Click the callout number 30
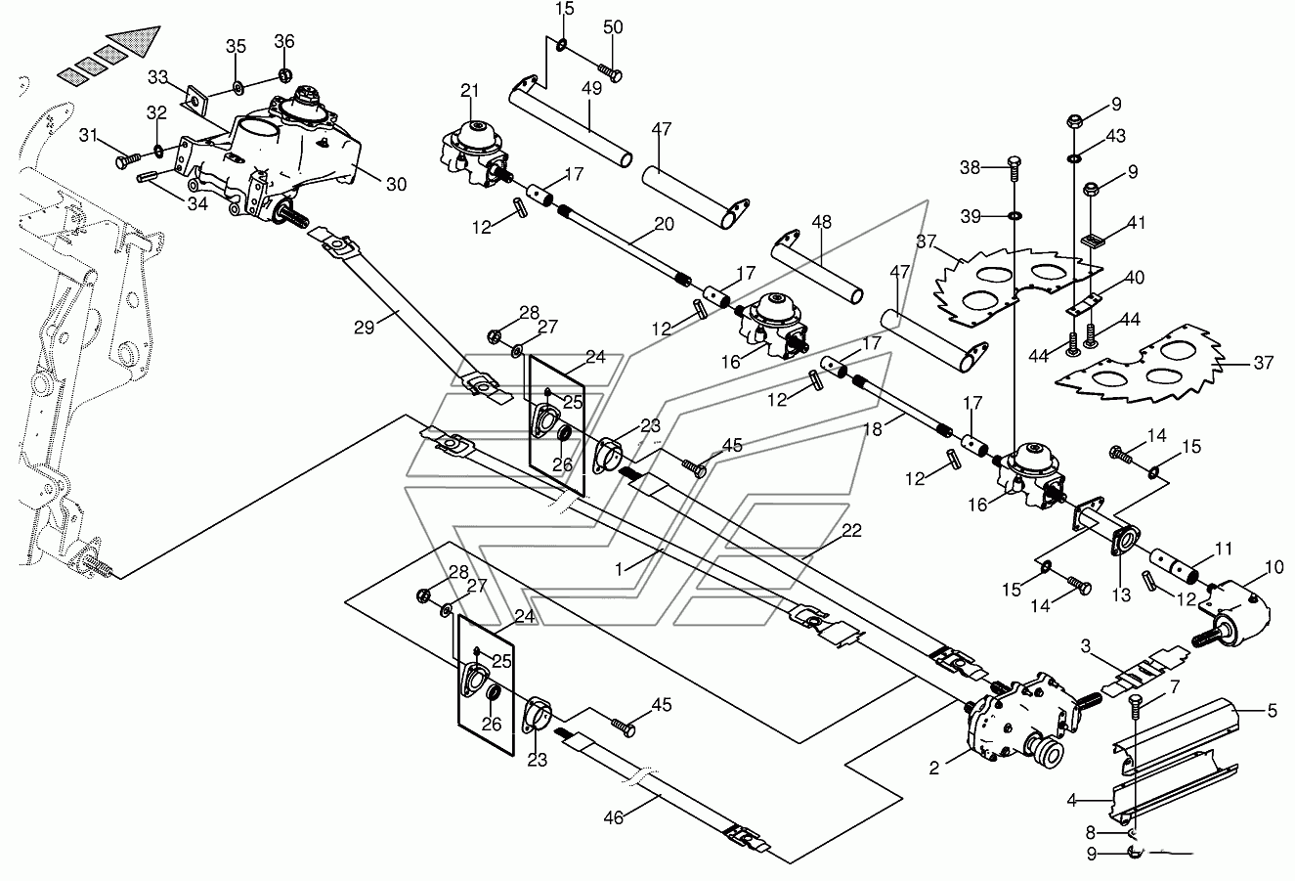tap(396, 185)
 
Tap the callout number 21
tap(469, 90)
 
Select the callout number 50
tap(613, 27)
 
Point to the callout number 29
tap(365, 328)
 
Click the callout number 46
tap(614, 817)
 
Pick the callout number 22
tap(851, 530)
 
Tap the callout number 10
tap(1273, 567)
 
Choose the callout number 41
tap(1136, 223)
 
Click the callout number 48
tap(821, 222)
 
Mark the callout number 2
tap(934, 769)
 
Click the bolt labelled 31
tap(128, 160)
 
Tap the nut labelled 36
tap(283, 74)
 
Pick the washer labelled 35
tap(237, 88)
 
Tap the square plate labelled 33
tap(196, 101)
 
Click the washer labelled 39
tap(1014, 216)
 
